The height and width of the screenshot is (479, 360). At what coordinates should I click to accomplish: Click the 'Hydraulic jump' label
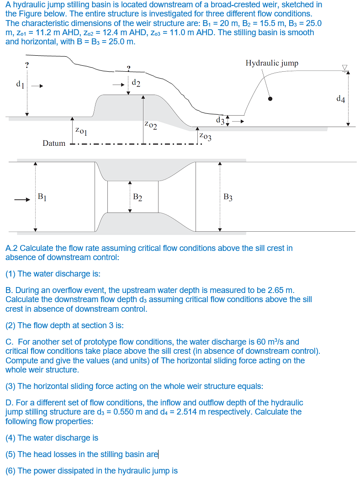pos(272,63)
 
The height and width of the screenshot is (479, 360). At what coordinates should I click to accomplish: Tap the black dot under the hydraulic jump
pos(270,98)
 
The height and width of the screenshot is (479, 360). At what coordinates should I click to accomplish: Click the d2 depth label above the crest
pos(136,83)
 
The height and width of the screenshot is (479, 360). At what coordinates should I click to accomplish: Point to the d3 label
pos(220,121)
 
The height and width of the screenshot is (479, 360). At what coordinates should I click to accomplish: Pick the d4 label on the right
pos(340,98)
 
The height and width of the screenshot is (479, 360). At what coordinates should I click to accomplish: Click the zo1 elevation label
pos(81,131)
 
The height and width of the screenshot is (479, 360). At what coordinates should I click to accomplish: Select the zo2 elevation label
pos(150,124)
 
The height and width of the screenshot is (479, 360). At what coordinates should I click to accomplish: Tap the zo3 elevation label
pos(205,136)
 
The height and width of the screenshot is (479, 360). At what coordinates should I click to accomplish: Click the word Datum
pos(54,143)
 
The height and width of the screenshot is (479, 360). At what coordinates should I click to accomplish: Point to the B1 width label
pos(42,197)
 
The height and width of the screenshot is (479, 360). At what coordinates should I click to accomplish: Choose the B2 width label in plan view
pos(137,197)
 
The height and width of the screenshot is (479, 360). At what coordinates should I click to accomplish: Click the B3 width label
pos(228,197)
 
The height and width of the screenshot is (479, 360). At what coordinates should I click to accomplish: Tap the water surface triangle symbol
pos(345,67)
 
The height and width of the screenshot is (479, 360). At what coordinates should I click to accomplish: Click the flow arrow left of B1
pos(21,199)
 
